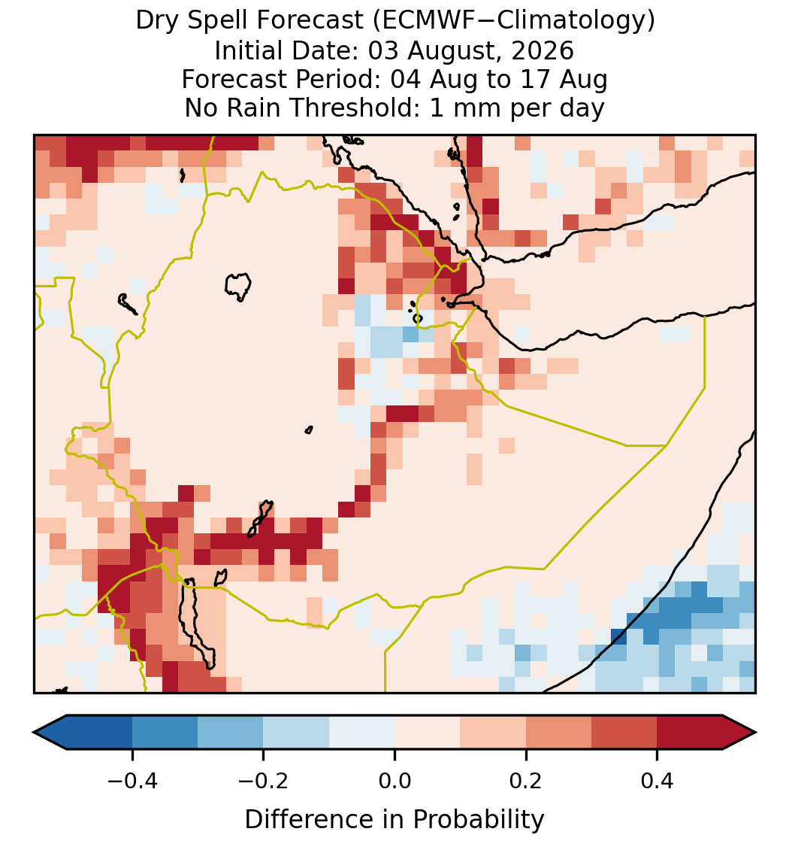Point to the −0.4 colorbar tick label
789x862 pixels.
click(132, 781)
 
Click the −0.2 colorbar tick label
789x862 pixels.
click(264, 781)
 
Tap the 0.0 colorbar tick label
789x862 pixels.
click(394, 781)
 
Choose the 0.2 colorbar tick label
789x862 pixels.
click(526, 781)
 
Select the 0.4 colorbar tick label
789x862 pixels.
click(657, 781)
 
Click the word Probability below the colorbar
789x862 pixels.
click(478, 820)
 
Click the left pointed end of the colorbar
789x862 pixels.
click(35, 733)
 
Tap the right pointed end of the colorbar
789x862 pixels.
click(755, 733)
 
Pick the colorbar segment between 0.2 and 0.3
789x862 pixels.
click(559, 733)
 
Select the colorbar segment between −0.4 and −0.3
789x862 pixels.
click(165, 733)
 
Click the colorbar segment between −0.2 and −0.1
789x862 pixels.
click(296, 733)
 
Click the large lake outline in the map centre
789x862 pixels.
click(227, 284)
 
